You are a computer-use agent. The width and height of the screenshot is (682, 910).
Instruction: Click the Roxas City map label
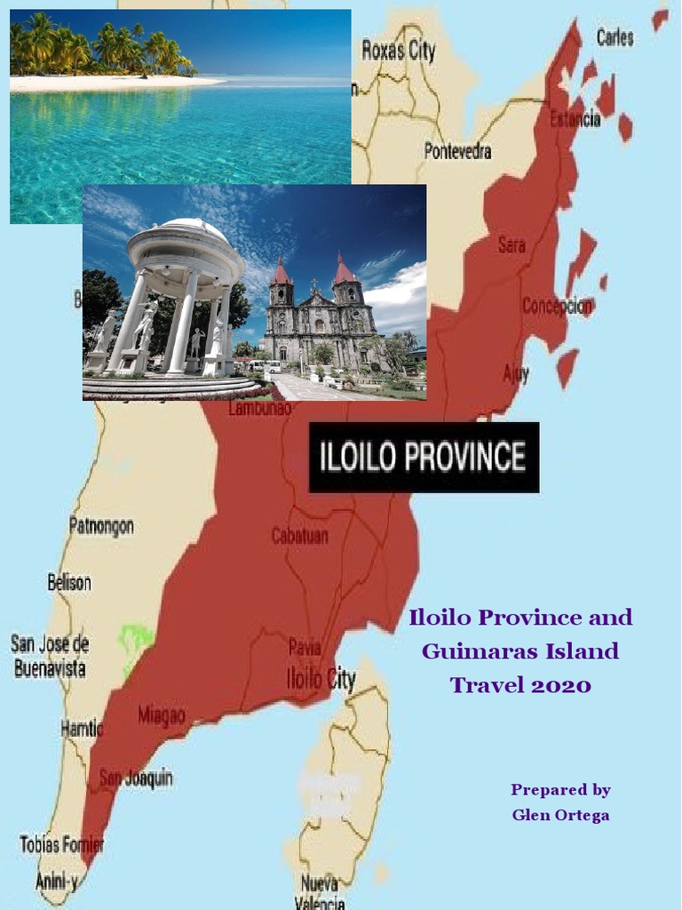point(399,51)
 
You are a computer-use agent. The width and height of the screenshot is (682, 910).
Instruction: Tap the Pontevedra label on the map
point(457,151)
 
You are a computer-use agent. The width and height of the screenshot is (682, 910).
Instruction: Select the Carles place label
point(615,37)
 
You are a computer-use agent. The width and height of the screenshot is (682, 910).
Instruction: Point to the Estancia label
point(575,117)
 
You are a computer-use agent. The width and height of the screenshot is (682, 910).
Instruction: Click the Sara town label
point(511,244)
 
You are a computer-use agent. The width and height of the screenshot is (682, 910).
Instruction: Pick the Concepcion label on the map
point(557,306)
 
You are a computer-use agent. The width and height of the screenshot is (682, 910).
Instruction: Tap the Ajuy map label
point(516,373)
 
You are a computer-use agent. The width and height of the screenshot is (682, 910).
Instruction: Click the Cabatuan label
point(299,536)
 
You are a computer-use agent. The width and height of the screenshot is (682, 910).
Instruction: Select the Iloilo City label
point(321,680)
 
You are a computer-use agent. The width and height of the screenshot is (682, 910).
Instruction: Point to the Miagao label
point(162,714)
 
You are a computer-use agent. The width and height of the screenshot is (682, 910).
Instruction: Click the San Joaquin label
point(136,778)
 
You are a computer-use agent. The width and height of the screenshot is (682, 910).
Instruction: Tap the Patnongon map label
point(101,526)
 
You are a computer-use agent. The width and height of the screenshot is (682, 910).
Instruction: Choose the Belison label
point(69,583)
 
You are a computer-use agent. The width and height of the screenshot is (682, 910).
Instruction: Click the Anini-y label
point(56,881)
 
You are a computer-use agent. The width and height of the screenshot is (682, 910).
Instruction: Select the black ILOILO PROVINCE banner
point(424,457)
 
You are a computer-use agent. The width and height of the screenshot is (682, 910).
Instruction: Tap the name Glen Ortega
point(560,815)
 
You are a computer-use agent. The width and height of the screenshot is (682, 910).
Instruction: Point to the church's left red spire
point(282,271)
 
